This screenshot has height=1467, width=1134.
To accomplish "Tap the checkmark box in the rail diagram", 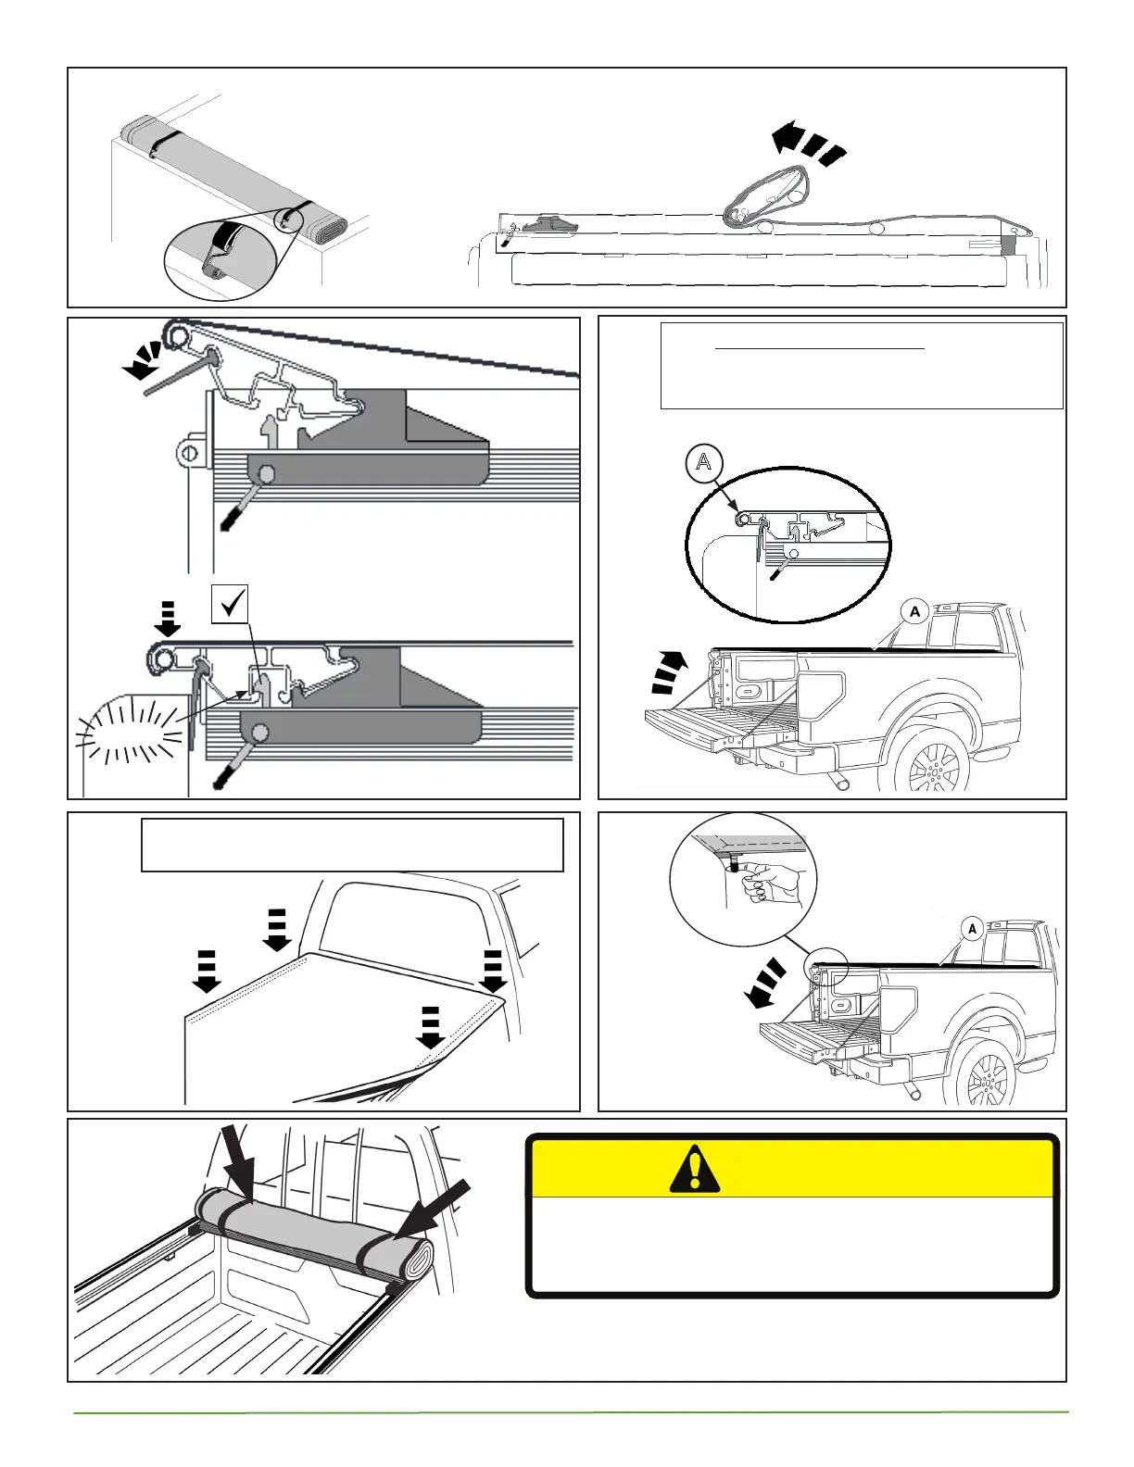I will coord(230,604).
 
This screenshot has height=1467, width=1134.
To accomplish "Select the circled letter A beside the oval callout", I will coord(704,461).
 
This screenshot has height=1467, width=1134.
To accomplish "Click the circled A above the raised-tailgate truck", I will coord(914,611).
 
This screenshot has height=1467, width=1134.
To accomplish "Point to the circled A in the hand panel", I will coord(972,928).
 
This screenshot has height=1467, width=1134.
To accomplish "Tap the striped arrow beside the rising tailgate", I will coord(670,672).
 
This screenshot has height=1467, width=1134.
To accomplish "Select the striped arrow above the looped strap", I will coord(809,144).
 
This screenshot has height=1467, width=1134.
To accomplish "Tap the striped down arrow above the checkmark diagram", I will coord(168,618).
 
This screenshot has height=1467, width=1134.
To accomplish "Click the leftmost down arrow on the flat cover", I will coord(206,970).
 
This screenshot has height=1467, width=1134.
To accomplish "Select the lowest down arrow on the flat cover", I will coord(430,1027).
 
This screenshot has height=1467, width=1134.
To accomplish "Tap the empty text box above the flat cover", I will coord(352,845).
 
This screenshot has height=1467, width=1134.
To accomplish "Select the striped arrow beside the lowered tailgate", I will coord(766,983).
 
